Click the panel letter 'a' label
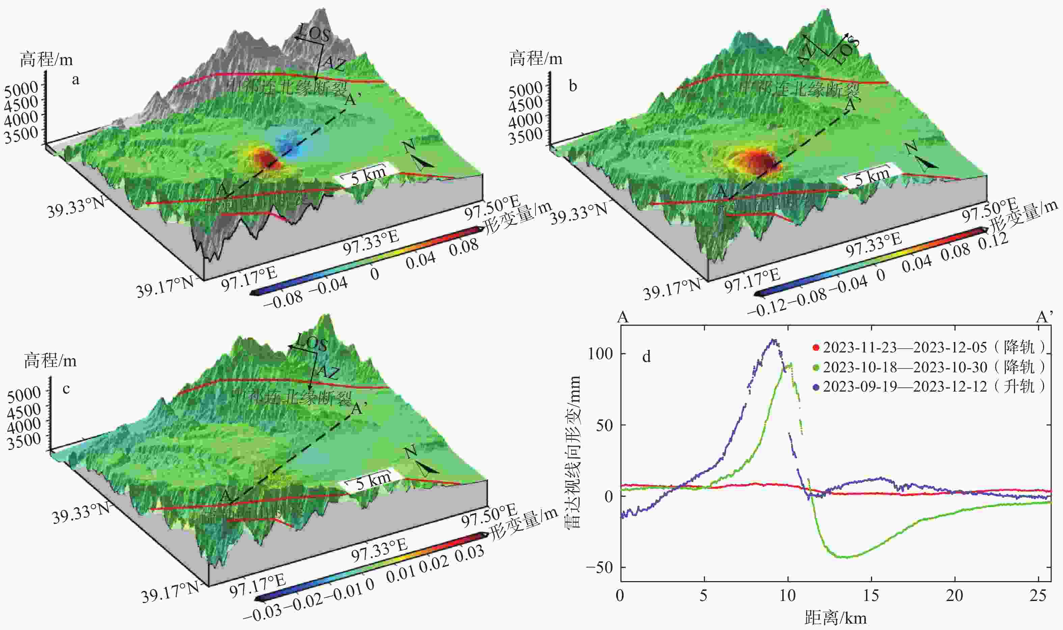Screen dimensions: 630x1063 coord(76,79)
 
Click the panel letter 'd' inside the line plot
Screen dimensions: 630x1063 coord(646,356)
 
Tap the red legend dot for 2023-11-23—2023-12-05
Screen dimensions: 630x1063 coord(815,347)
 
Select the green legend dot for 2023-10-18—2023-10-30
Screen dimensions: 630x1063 coord(815,367)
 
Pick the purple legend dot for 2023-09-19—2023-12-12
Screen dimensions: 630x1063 coord(815,387)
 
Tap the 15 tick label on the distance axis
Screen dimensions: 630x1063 coord(871,596)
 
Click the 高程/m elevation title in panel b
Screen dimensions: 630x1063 coord(536,58)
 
